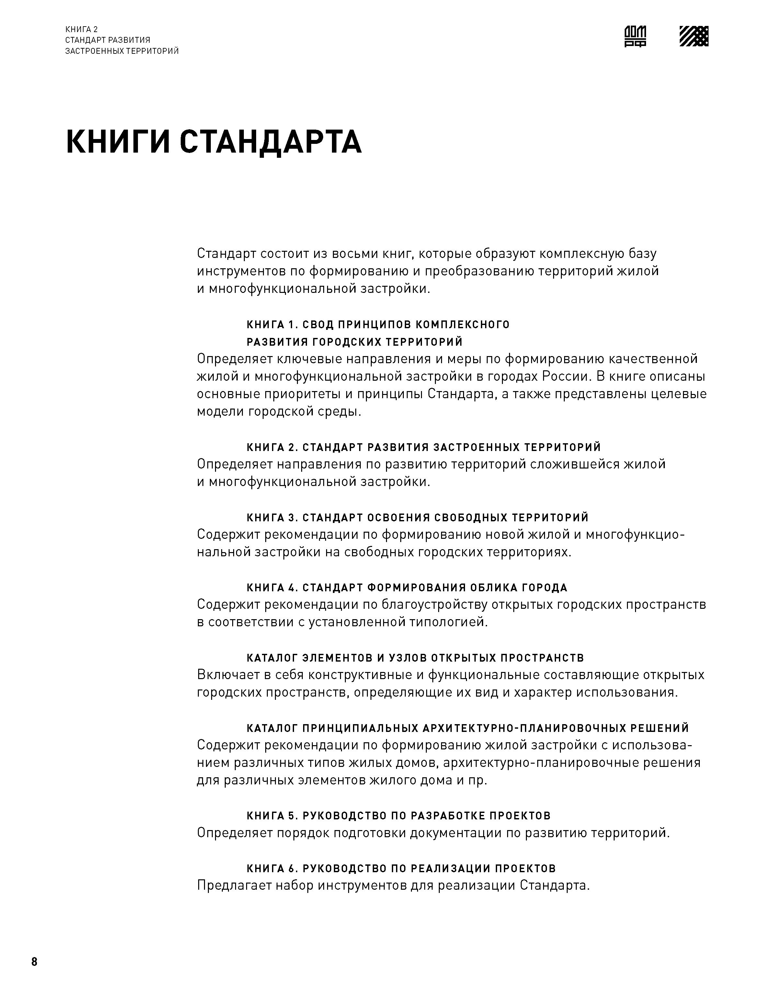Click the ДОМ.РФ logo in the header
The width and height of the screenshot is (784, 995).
(635, 36)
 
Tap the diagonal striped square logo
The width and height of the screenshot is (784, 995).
(694, 36)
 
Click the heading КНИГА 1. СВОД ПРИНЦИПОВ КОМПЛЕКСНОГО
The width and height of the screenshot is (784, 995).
(378, 325)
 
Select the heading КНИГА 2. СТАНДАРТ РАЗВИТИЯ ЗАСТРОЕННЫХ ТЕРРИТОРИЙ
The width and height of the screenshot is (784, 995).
(424, 447)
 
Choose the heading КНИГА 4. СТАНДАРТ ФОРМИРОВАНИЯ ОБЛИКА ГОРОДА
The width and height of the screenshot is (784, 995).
(407, 588)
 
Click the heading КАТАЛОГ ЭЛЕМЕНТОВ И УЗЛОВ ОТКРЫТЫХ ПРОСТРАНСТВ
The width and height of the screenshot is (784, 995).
(415, 658)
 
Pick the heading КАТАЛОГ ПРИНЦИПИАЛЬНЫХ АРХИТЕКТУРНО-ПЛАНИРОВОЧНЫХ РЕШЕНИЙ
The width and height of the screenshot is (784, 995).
(468, 728)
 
